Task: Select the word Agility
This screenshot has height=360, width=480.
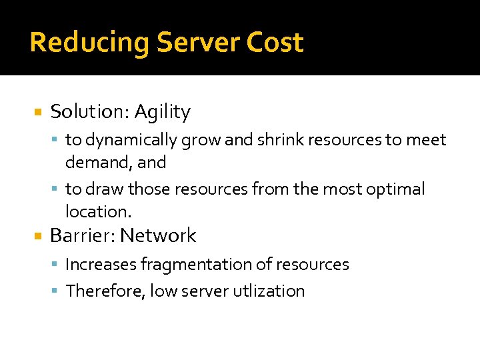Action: point(162,112)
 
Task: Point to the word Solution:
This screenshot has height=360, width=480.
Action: point(89,112)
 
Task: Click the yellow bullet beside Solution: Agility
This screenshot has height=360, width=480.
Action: point(38,113)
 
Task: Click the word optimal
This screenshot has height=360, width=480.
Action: point(395,189)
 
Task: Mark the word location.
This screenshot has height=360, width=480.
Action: point(98,211)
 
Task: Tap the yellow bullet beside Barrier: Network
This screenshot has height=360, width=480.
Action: point(38,236)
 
